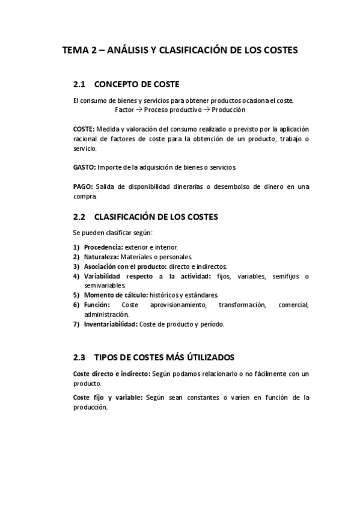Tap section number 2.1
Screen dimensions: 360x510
(x=80, y=84)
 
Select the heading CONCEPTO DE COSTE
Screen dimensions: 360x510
(x=137, y=84)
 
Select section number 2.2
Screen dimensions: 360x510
(x=80, y=217)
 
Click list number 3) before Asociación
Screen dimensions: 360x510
(x=76, y=266)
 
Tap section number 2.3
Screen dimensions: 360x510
(x=80, y=357)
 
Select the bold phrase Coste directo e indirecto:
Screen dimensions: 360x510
(x=111, y=373)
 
